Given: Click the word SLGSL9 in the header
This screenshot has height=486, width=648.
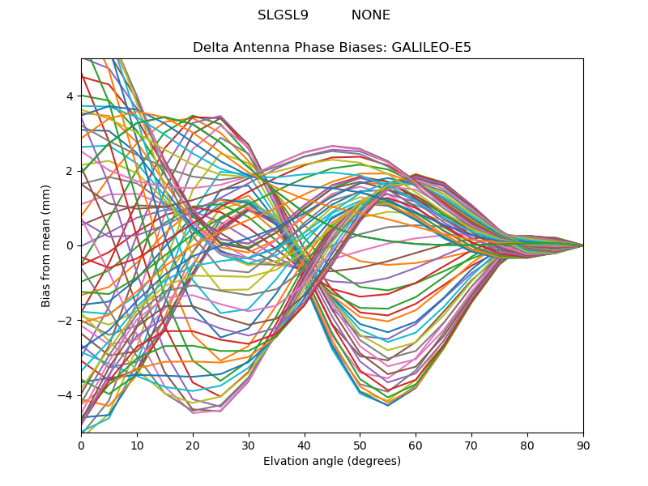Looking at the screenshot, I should point(283,15).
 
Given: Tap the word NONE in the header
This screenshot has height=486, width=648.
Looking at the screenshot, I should point(370,15).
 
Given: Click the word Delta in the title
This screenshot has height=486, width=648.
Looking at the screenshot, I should point(210,48).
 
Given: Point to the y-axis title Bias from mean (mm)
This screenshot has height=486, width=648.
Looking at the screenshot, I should point(47,245).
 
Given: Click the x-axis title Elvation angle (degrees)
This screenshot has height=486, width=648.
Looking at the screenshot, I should point(332,462).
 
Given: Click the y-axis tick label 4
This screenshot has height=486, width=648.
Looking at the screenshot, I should point(70,96).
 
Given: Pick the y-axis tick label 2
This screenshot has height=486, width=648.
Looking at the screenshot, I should point(70,171).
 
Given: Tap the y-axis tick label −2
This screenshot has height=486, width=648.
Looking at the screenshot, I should point(66,321).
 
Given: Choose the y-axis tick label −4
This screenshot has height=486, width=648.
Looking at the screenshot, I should point(66,395).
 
